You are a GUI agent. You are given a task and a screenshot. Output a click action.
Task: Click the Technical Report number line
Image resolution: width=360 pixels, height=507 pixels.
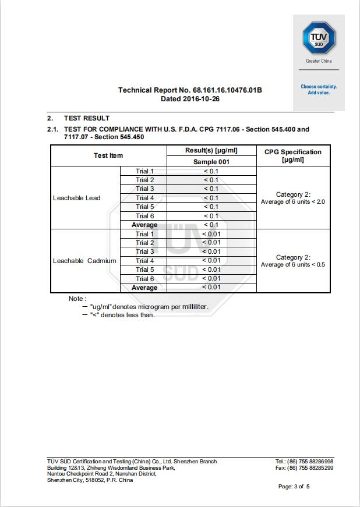(190, 90)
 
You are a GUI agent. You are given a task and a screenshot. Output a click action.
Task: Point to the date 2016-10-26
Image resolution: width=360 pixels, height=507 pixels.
(190, 99)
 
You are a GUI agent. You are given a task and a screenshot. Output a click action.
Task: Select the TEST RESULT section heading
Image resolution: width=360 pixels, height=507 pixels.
(86, 118)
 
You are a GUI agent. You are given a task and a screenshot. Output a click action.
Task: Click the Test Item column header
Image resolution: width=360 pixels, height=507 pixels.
(108, 155)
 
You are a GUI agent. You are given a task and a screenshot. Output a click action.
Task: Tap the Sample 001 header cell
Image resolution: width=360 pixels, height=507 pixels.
(211, 162)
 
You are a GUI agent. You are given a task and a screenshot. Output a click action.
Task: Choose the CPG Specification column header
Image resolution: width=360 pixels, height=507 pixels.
(292, 155)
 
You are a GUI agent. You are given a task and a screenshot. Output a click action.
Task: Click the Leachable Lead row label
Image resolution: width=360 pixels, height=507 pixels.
(76, 198)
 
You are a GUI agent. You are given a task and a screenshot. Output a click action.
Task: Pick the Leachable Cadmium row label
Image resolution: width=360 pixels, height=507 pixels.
(84, 261)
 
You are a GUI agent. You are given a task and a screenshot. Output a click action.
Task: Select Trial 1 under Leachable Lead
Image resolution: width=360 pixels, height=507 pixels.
(144, 171)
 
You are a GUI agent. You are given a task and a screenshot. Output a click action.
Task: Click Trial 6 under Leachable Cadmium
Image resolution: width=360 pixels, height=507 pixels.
(144, 279)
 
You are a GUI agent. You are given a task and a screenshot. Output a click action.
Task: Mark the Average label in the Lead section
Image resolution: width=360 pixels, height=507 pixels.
(144, 225)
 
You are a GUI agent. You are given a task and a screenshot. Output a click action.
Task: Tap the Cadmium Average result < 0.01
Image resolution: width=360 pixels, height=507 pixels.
(211, 287)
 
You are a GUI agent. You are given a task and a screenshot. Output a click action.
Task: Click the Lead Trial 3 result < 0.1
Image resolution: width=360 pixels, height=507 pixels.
(211, 189)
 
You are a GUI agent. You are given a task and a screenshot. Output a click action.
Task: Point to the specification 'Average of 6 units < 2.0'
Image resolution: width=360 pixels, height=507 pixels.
(292, 201)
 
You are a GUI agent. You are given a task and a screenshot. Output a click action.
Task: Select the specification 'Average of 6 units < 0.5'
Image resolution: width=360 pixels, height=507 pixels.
(292, 265)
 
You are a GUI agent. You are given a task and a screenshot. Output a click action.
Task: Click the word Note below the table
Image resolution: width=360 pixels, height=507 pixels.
(76, 299)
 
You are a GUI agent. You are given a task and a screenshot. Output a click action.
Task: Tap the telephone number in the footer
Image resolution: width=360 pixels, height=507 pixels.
(304, 462)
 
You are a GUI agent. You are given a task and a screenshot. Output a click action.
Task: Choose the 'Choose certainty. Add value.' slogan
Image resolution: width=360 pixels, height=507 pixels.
(319, 90)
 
